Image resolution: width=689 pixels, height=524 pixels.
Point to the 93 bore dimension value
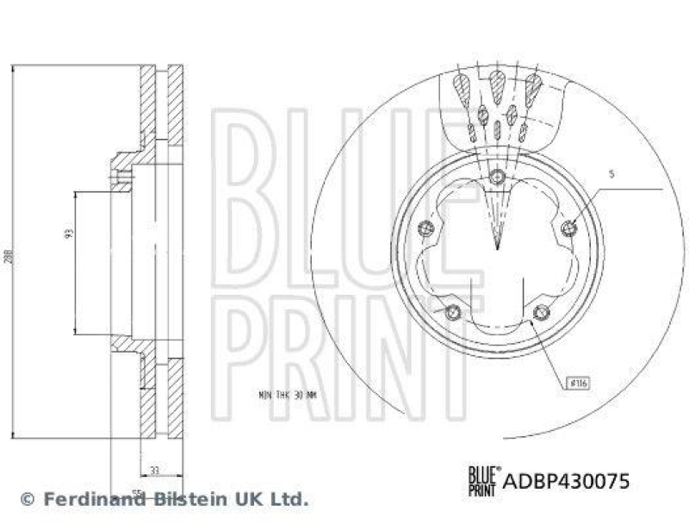point(69,232)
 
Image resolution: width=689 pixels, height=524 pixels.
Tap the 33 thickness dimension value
point(154,470)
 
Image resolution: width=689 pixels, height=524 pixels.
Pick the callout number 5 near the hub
point(611,174)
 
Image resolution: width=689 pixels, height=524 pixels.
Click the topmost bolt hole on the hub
point(496,178)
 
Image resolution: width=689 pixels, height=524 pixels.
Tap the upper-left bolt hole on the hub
point(424,228)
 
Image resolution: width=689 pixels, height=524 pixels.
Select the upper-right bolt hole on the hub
point(568,228)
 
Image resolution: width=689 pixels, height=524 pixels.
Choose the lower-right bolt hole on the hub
point(539,312)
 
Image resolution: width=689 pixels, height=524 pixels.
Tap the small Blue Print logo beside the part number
point(481,479)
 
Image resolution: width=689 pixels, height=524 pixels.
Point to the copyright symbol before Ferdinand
point(27,499)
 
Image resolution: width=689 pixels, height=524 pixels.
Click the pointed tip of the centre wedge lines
point(497,249)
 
